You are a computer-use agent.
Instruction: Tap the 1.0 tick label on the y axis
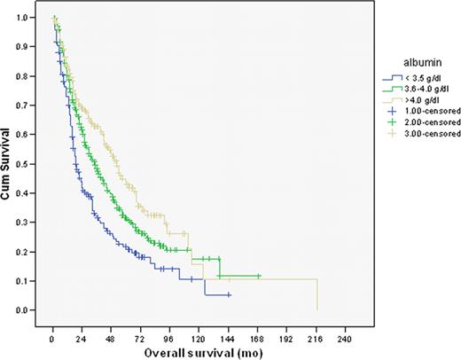tap(33, 18)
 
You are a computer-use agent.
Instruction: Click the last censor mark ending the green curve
tap(258, 276)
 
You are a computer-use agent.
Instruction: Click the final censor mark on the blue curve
tap(229, 294)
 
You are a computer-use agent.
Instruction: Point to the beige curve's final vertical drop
tap(317, 294)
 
